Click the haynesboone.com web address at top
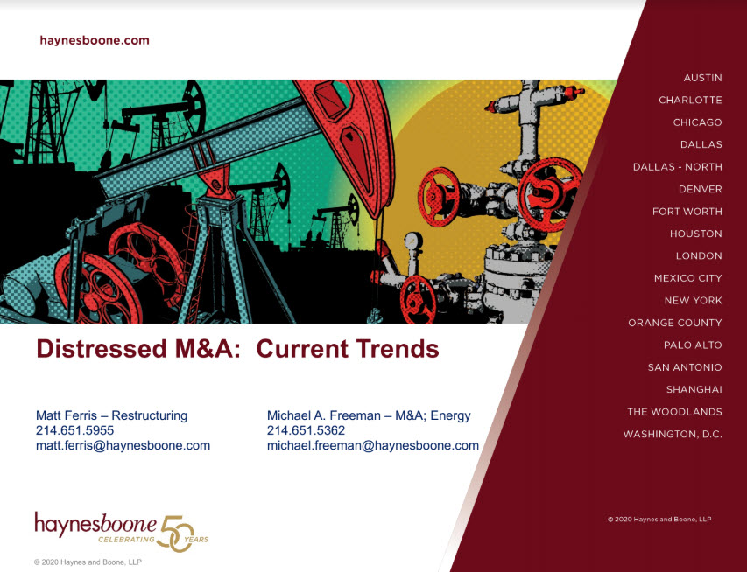point(95,40)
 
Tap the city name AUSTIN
point(702,78)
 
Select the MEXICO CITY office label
point(688,278)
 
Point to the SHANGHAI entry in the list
point(694,390)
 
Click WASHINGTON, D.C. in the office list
point(673,435)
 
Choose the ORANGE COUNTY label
point(675,323)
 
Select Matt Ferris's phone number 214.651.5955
point(74,430)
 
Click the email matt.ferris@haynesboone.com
point(123,446)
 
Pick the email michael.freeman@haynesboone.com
point(372,446)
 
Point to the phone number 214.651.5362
point(306,430)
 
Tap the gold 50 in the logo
point(177,534)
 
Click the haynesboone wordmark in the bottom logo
point(95,524)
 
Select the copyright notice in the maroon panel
point(659,520)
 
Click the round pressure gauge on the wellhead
point(413,241)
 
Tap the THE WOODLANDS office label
point(674,412)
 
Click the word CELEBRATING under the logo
point(126,540)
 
